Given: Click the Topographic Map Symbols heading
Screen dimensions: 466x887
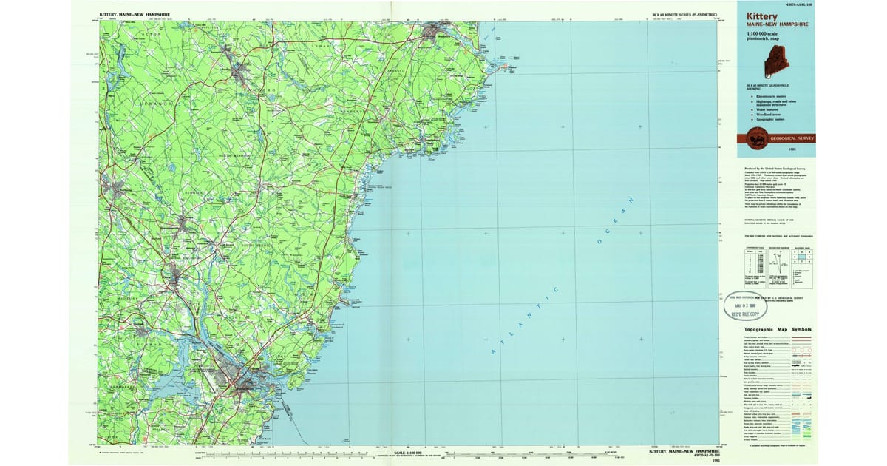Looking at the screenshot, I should [x=777, y=329].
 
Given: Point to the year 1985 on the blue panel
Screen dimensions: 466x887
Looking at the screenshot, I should [x=792, y=149].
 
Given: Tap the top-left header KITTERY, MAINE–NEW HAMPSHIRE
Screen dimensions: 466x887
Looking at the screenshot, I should [x=133, y=14].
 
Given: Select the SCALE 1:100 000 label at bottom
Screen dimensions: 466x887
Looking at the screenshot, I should [x=409, y=452].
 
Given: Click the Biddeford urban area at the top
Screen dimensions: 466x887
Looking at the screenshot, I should [x=444, y=34].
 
